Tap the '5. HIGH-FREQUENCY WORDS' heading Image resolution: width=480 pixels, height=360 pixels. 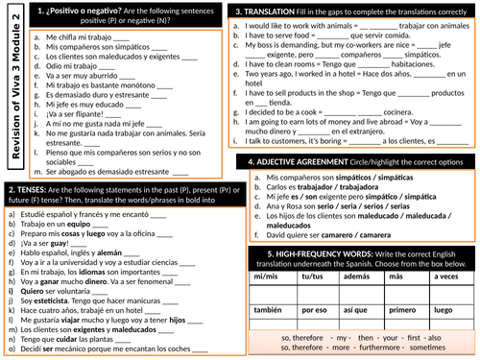coord(307,253)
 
